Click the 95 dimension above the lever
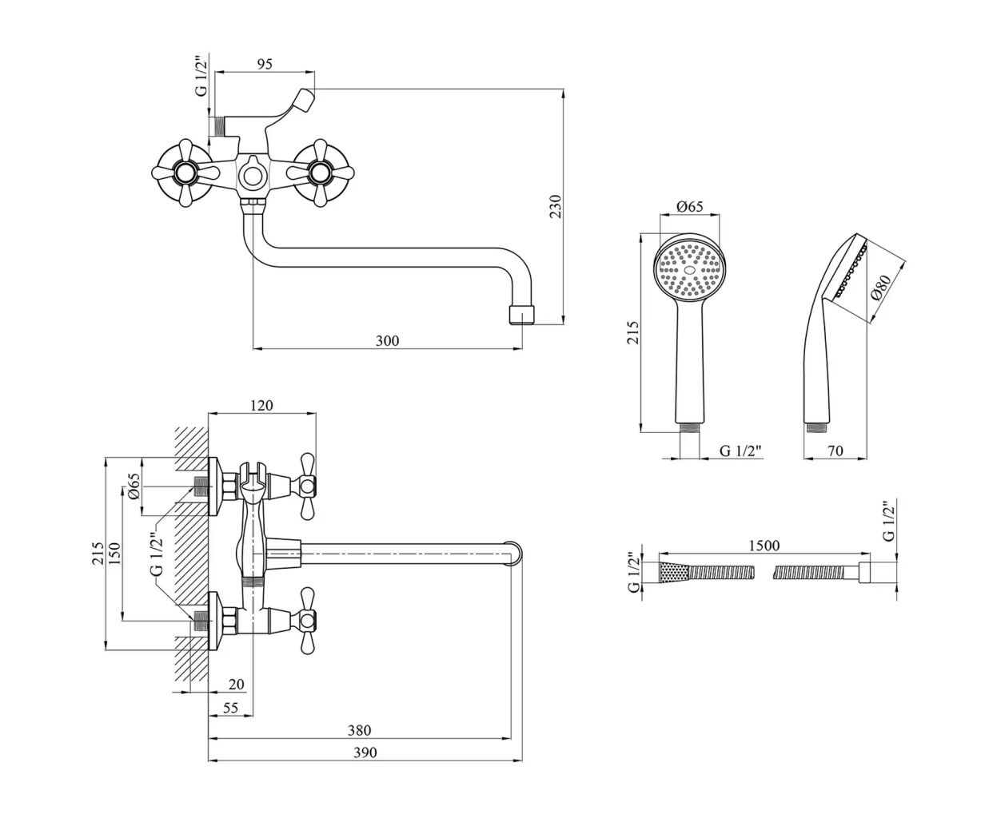(x=261, y=66)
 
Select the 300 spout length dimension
(x=387, y=341)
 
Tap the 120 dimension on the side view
(x=261, y=406)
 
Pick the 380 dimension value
(x=359, y=730)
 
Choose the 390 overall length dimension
(x=364, y=752)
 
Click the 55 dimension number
(x=230, y=708)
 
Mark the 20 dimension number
(x=237, y=684)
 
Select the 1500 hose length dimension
(x=764, y=546)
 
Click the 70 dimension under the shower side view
(x=834, y=451)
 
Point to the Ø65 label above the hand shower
(x=689, y=207)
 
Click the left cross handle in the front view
(x=183, y=173)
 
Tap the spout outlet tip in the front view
(x=522, y=314)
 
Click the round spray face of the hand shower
(x=690, y=268)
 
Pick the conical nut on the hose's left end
(x=673, y=572)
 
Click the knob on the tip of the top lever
(x=304, y=100)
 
